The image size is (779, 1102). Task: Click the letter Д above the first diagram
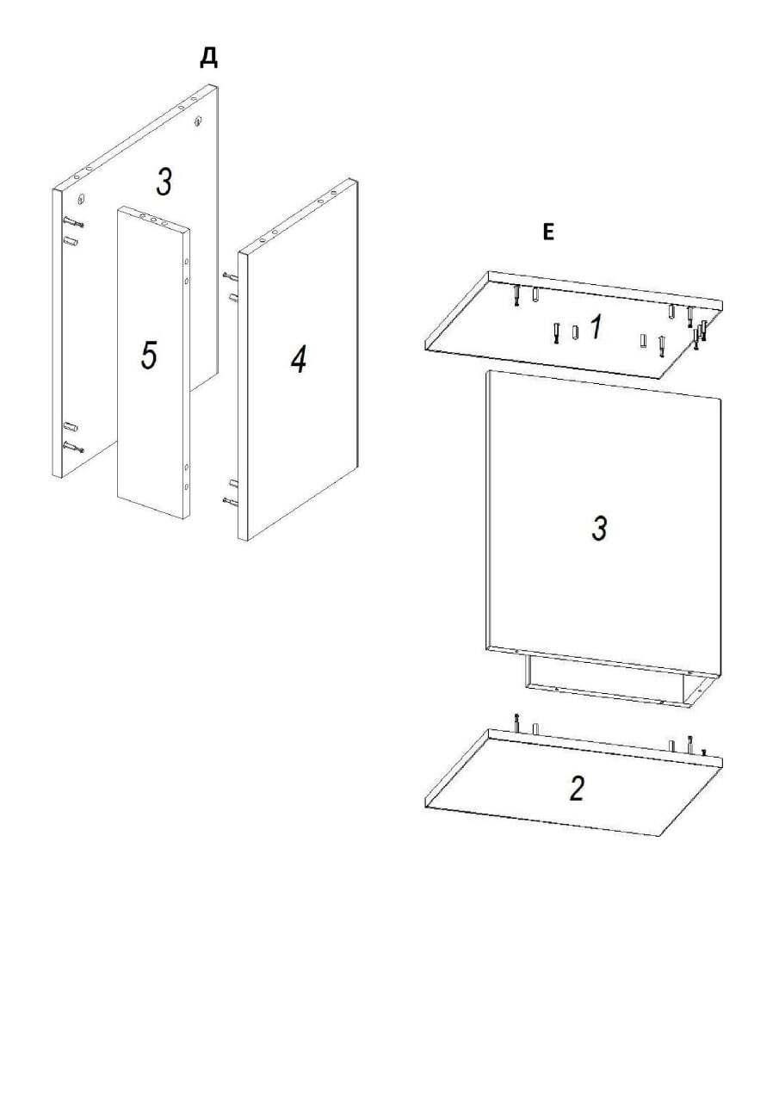click(x=209, y=58)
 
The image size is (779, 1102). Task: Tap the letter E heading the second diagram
click(x=548, y=232)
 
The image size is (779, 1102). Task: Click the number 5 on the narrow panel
click(x=149, y=356)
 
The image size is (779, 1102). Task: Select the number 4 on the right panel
click(x=299, y=359)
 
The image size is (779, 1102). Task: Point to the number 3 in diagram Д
click(x=164, y=182)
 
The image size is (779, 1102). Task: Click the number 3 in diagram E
click(x=599, y=529)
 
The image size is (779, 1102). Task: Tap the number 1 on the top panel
click(x=596, y=328)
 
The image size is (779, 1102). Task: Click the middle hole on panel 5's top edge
click(x=153, y=220)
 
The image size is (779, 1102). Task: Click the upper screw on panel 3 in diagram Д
click(x=73, y=222)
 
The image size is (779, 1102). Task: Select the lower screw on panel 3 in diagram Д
click(x=73, y=447)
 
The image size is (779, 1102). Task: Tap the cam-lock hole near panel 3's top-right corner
click(x=198, y=120)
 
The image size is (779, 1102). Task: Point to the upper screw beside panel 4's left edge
click(x=230, y=276)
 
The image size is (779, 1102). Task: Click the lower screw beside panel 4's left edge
click(x=230, y=501)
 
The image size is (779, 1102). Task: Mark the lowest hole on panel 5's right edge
click(x=186, y=486)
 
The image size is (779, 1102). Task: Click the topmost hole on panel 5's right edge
click(x=186, y=263)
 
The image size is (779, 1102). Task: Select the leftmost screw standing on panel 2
click(x=516, y=722)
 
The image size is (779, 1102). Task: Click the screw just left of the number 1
click(x=556, y=333)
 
